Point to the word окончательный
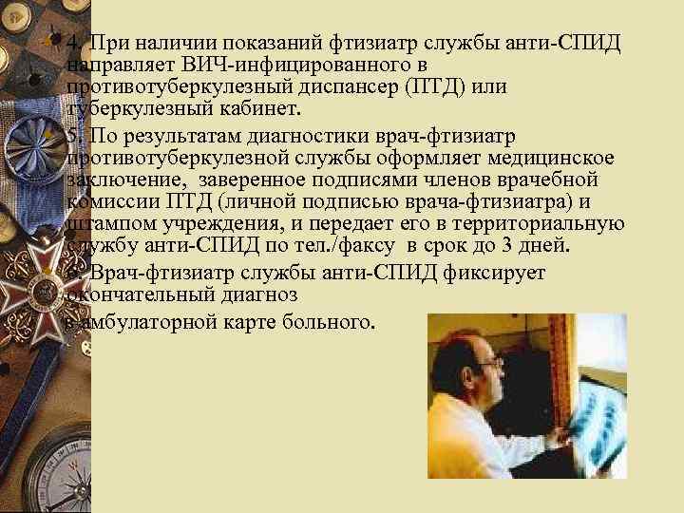[132, 294]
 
